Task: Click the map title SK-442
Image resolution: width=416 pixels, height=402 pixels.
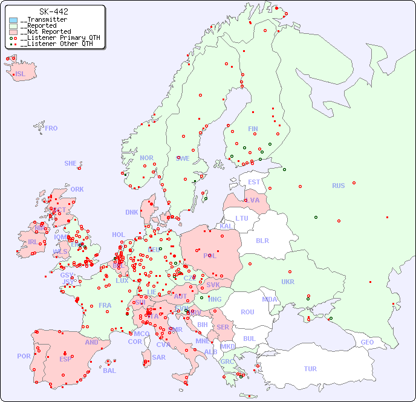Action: point(53,11)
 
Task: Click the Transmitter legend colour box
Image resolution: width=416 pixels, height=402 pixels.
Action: point(13,20)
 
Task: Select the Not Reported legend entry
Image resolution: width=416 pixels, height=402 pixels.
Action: point(45,31)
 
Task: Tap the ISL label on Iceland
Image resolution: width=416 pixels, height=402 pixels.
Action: point(21,74)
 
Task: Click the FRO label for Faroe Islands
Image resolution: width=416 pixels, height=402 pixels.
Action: point(51,128)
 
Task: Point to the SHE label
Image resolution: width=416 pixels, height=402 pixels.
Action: point(71,163)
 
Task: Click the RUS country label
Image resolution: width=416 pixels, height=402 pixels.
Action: point(338,186)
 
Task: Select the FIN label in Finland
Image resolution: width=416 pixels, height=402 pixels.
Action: point(253,129)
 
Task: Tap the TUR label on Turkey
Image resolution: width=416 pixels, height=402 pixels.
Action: point(310,369)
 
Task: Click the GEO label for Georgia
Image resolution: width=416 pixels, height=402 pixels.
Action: point(367,342)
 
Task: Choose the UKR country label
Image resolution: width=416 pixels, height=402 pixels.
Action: point(288,282)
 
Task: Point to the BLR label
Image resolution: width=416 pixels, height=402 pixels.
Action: point(262,240)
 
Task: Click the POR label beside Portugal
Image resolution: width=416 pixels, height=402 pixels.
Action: point(24,356)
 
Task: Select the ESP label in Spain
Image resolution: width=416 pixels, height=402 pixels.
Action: point(65,359)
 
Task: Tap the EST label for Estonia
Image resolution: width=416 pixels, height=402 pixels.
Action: point(254,182)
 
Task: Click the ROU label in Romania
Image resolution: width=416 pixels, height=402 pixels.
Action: point(247,312)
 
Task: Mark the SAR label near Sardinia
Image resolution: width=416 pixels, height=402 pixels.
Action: point(159,357)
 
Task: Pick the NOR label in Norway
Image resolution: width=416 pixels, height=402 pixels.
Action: point(146,158)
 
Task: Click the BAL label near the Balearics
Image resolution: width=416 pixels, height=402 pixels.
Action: point(109,371)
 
